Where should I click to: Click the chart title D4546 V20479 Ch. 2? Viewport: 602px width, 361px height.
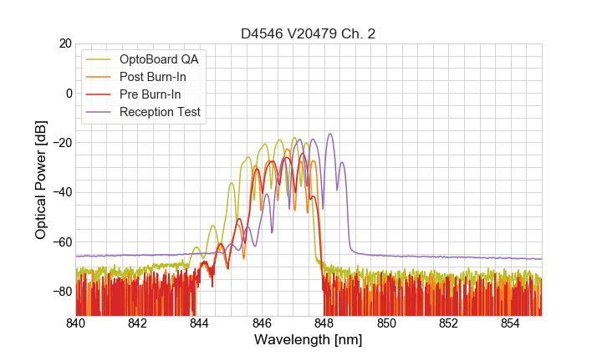click(309, 34)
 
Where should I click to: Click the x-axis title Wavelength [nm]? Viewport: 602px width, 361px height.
click(309, 341)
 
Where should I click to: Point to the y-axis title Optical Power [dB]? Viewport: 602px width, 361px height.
click(41, 179)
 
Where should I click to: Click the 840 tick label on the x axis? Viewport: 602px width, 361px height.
click(76, 323)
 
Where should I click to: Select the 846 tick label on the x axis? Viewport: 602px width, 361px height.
click(262, 323)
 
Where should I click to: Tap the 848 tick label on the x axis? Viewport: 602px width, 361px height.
click(324, 323)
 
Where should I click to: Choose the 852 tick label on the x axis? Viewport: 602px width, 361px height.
click(448, 323)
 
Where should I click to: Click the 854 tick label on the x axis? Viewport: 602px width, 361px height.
click(510, 323)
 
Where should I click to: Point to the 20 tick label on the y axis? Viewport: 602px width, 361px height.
click(64, 43)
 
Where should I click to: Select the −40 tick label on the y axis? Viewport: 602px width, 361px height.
click(60, 192)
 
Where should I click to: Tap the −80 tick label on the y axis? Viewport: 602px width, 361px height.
click(60, 292)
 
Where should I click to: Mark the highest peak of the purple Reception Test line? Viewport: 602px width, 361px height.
click(330, 134)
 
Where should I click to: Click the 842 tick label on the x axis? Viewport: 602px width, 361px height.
click(138, 323)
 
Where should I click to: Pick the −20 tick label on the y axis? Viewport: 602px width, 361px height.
click(60, 143)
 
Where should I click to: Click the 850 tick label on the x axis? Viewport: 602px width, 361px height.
click(386, 323)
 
